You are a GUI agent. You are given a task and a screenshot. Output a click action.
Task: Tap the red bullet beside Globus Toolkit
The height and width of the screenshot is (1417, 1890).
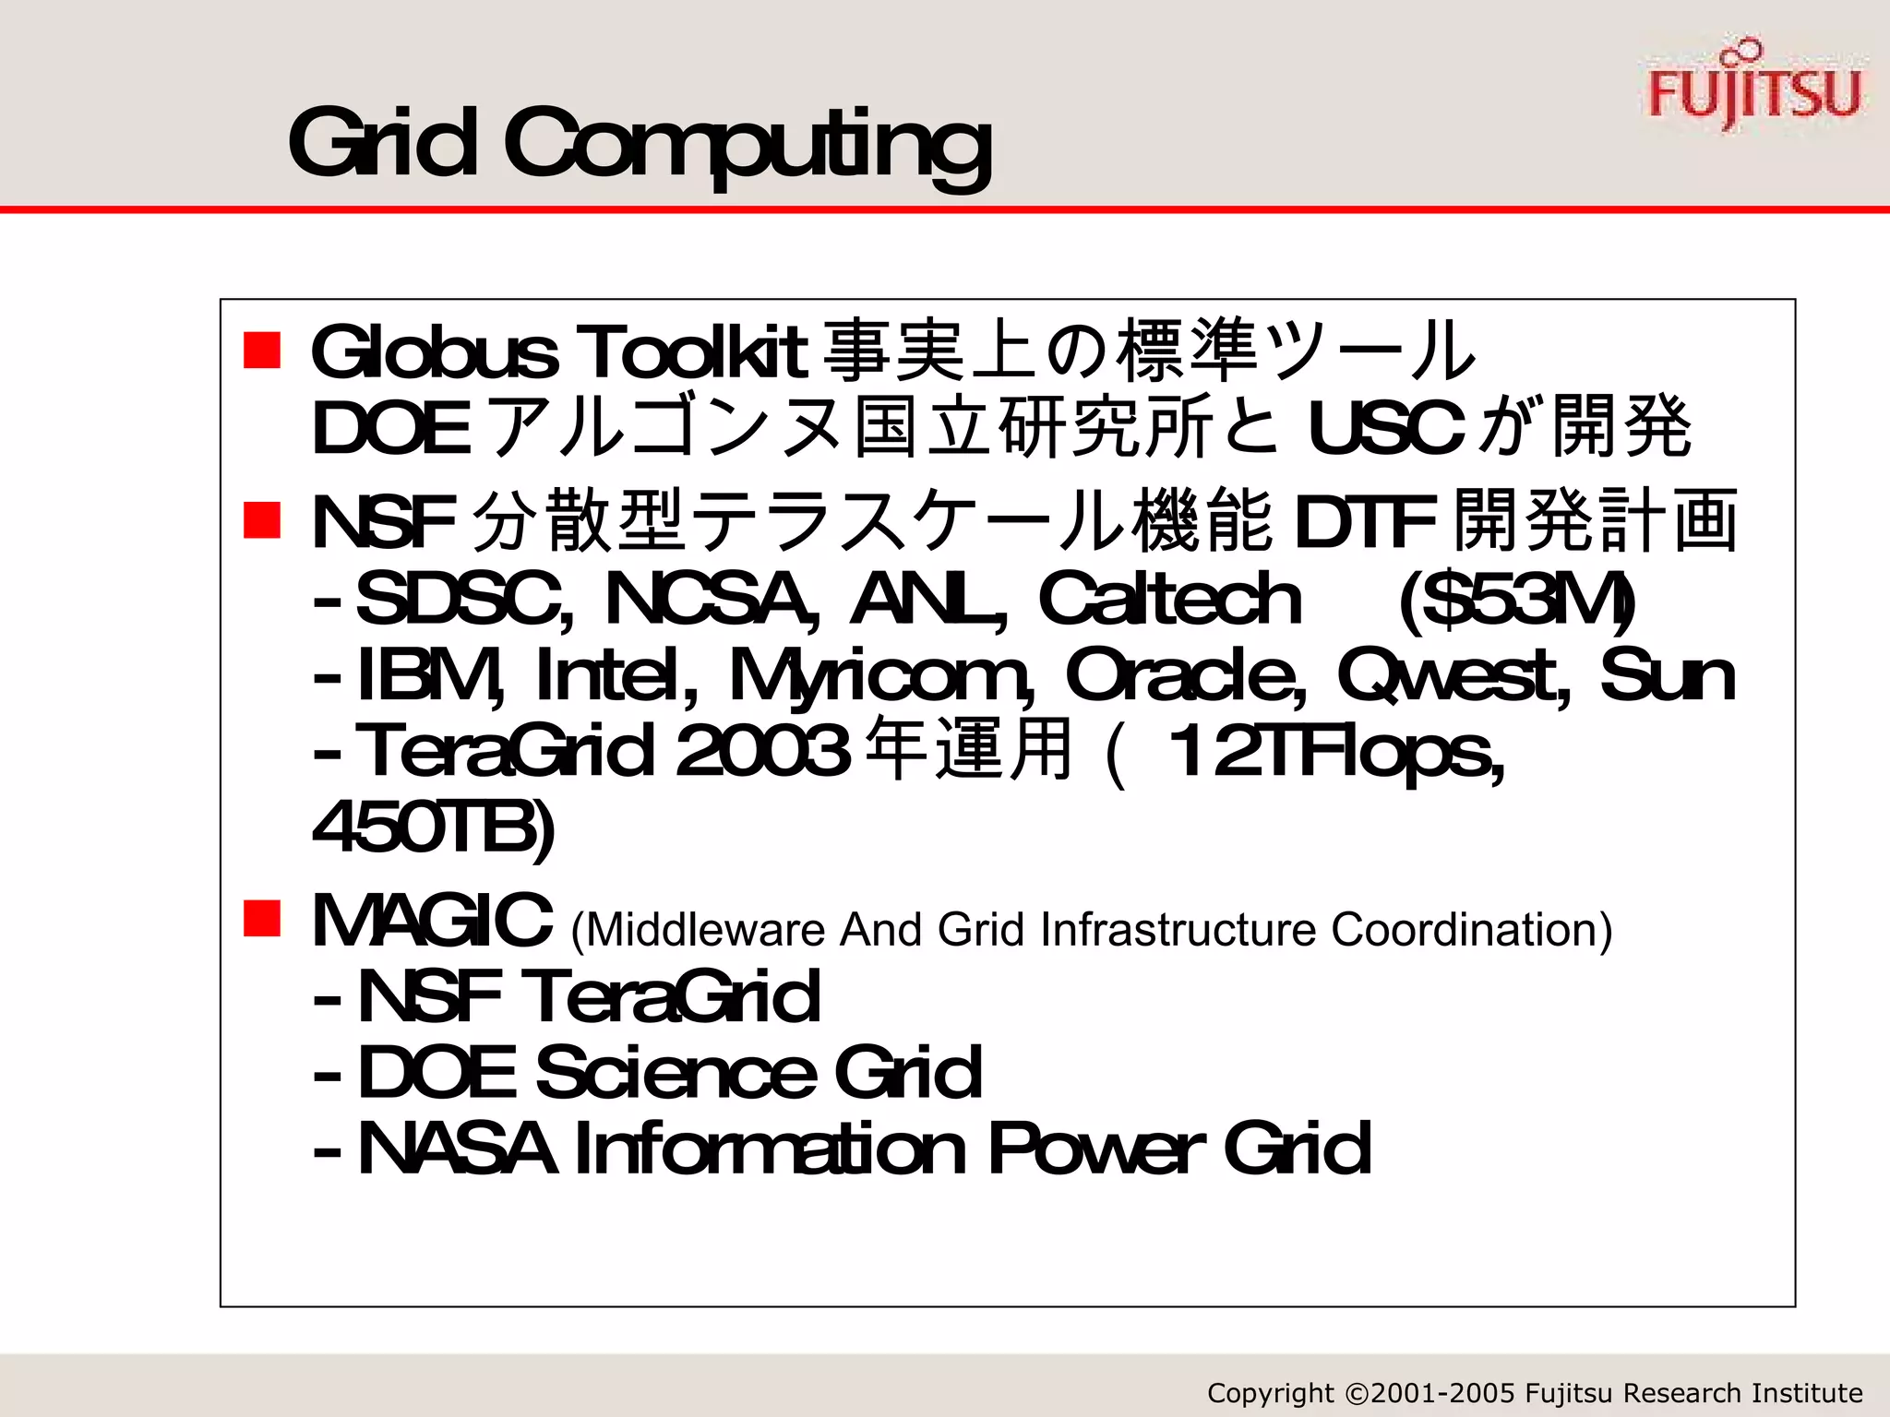262,351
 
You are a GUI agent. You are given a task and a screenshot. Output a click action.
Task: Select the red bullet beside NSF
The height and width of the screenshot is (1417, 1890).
262,520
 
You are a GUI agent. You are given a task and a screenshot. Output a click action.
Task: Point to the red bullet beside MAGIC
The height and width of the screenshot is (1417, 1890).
262,919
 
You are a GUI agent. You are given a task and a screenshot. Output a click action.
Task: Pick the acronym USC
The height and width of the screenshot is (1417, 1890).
1384,429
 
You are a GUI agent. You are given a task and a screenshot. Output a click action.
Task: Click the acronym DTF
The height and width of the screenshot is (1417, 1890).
1365,522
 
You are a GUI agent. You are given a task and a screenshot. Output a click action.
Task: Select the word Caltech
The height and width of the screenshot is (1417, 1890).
1169,600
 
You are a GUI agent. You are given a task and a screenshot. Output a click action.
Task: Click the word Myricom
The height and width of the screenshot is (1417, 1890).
881,677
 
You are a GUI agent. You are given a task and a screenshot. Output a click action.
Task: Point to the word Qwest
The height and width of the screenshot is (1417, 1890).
1454,675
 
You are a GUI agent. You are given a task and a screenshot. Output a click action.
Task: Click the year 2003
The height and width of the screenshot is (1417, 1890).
762,752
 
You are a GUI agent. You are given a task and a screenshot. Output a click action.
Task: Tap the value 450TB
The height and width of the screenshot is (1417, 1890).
434,828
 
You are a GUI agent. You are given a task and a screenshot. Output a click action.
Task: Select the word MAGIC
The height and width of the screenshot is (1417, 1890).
432,921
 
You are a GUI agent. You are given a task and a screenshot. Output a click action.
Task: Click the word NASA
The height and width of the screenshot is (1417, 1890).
457,1149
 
